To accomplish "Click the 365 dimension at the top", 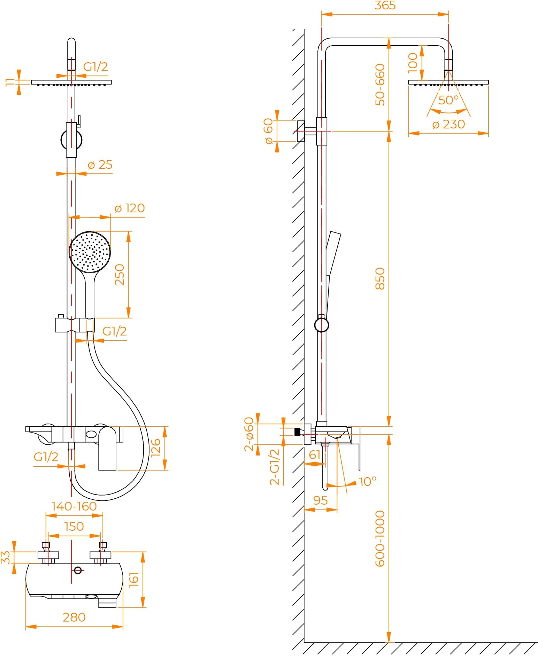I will (385, 6).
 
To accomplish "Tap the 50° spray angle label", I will (448, 100).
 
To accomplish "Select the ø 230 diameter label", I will (448, 124).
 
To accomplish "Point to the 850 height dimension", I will (380, 278).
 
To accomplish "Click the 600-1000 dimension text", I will (380, 538).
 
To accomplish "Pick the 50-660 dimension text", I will (380, 85).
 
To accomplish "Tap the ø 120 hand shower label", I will (130, 208).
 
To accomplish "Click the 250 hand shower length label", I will (120, 275).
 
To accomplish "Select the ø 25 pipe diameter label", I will (100, 165).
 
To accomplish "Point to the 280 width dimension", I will (74, 617).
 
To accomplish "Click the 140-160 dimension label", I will (74, 506).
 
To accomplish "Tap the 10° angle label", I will (368, 482).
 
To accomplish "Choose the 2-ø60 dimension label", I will (249, 434).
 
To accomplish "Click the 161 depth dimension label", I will (134, 579).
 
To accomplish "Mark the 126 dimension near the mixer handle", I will (155, 448).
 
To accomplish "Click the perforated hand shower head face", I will (90, 252).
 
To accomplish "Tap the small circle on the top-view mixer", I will (78, 570).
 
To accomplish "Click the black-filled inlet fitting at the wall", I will (297, 432).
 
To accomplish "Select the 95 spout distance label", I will (320, 500).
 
